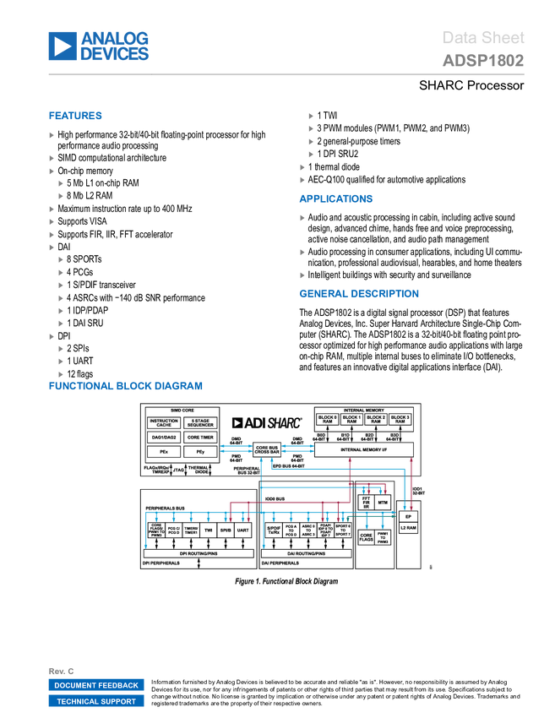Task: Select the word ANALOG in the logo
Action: click(115, 37)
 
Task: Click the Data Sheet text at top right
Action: click(484, 37)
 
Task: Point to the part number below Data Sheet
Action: click(483, 61)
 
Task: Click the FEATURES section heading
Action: click(76, 117)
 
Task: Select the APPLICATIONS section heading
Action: click(336, 199)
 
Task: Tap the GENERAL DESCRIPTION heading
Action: click(358, 294)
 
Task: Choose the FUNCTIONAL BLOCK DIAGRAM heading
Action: click(125, 386)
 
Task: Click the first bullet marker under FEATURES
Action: click(52, 135)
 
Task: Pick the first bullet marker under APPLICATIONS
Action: click(302, 218)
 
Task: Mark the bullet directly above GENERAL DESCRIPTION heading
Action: click(302, 275)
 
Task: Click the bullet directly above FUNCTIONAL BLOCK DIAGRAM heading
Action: click(61, 374)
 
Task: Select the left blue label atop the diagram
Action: click(237, 448)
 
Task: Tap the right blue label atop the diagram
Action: click(297, 448)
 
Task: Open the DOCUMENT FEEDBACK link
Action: click(96, 686)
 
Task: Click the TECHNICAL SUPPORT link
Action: click(96, 702)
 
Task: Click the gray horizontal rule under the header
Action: click(286, 74)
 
